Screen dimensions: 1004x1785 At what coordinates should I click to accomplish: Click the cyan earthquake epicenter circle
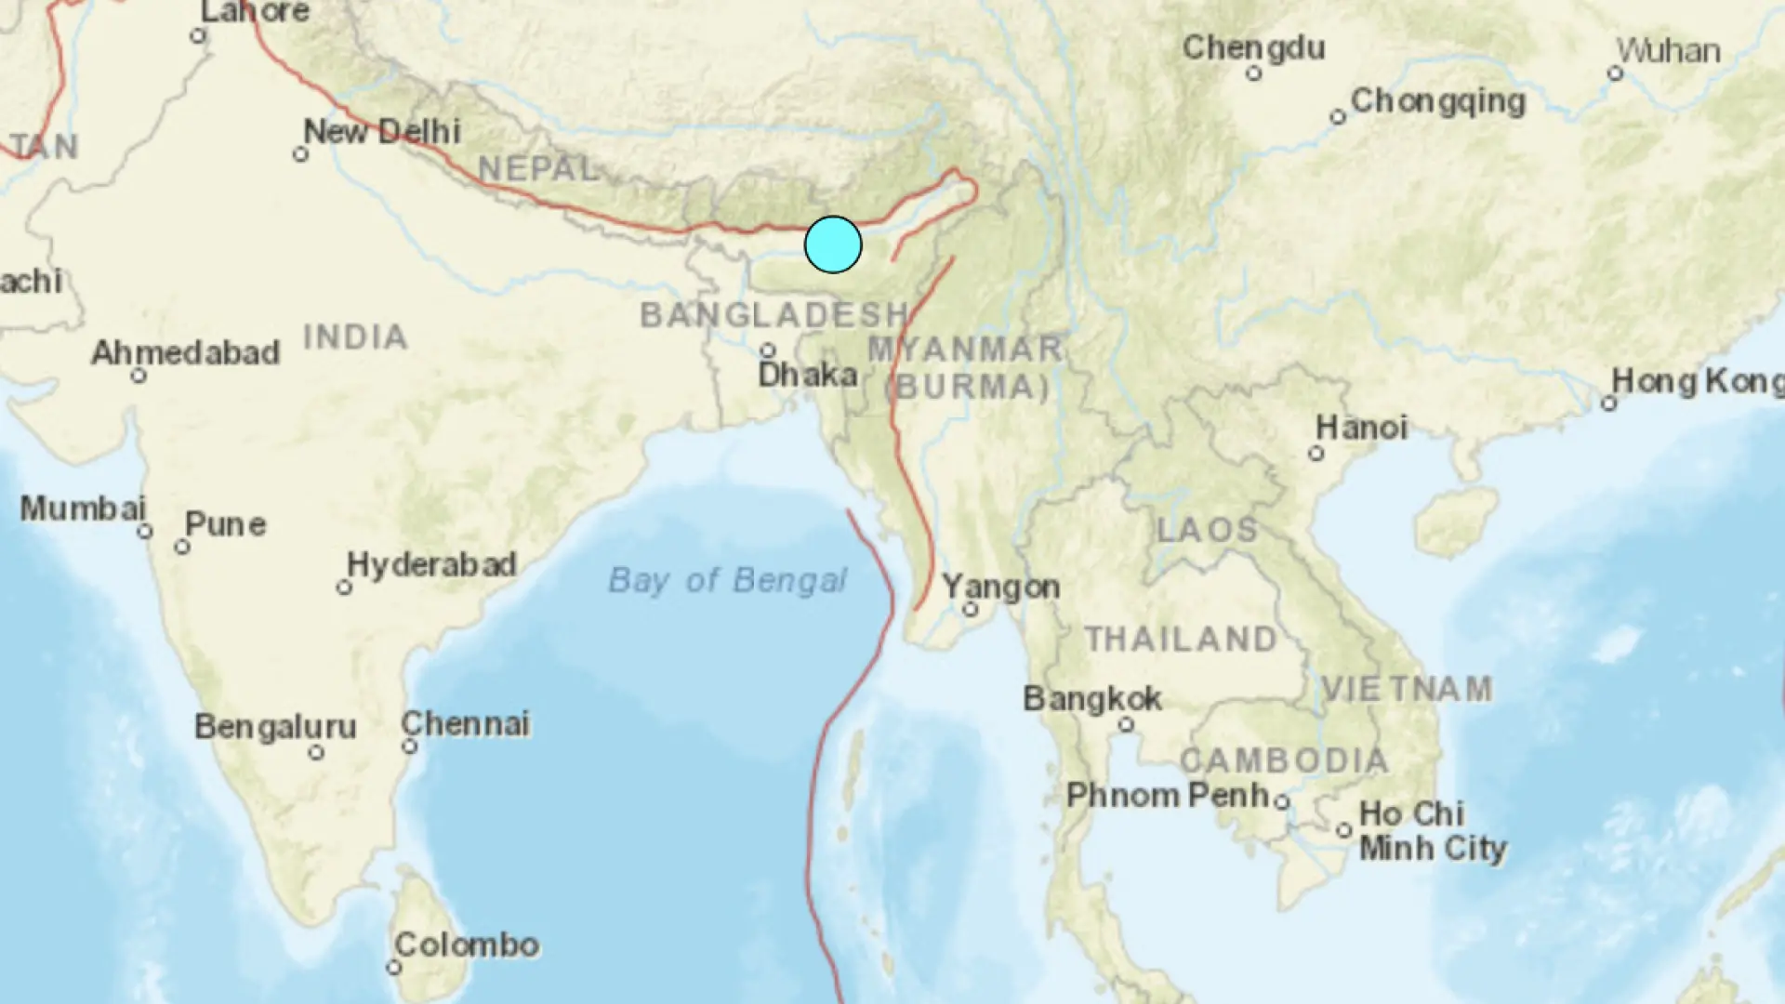point(833,244)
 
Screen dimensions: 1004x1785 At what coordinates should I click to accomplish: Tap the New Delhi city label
point(382,131)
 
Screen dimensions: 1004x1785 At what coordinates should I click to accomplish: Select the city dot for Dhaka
point(768,350)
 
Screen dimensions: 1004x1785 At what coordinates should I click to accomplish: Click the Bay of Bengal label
point(727,580)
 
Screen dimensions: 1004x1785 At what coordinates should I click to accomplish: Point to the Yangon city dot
point(970,610)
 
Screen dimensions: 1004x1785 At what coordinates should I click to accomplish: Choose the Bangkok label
point(1092,698)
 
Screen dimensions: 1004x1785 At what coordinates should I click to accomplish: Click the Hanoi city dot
point(1316,454)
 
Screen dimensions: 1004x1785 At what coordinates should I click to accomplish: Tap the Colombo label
point(467,945)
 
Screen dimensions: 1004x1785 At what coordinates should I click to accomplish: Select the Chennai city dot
point(410,746)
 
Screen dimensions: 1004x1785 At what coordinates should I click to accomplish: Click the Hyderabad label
point(431,564)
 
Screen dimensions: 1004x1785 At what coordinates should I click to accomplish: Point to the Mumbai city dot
point(145,532)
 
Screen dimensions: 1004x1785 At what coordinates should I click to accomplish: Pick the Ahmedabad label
point(185,352)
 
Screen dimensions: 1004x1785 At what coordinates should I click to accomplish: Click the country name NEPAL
point(537,168)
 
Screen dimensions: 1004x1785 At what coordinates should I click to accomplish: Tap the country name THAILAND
point(1181,639)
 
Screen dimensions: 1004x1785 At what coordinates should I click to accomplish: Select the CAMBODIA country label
point(1284,760)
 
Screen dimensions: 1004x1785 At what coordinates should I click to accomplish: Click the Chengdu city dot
point(1254,73)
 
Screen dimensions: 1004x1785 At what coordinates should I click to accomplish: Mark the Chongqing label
point(1437,100)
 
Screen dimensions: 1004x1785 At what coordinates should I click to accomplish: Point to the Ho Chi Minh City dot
point(1344,830)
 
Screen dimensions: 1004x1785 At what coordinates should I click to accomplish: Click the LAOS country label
point(1207,530)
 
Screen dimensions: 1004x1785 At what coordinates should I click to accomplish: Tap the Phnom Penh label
point(1168,795)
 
